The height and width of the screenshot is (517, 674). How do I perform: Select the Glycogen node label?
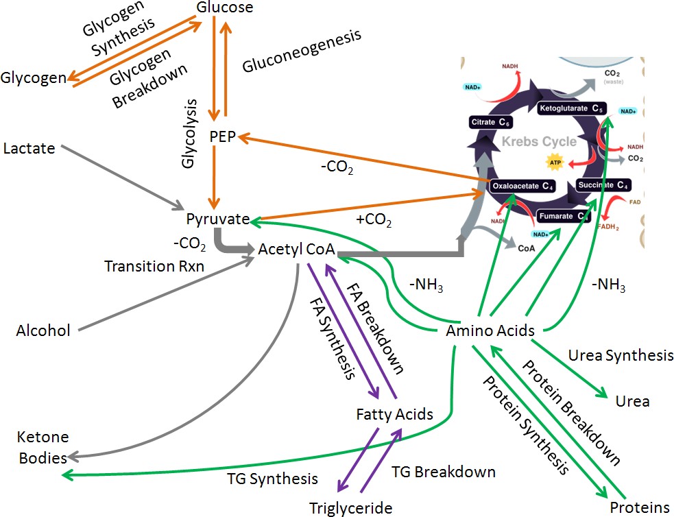coord(34,78)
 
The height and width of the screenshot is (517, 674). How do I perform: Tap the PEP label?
coord(223,137)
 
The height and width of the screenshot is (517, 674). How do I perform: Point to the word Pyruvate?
coord(217,219)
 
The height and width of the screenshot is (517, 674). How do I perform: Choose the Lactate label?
coord(29,147)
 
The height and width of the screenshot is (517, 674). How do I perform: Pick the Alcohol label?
coord(43,331)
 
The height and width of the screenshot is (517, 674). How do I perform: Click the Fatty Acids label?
coord(394,414)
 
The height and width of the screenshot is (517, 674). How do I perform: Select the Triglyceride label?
coord(350,508)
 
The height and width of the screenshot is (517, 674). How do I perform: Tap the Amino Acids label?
coord(490,331)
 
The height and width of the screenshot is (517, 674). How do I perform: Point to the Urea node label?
coord(632,401)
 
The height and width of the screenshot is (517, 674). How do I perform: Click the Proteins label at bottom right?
coord(639,508)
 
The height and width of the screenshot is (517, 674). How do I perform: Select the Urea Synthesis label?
coord(621,356)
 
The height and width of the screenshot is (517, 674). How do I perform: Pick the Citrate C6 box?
coord(490,122)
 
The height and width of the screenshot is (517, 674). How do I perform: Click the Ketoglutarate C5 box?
coord(570,108)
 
